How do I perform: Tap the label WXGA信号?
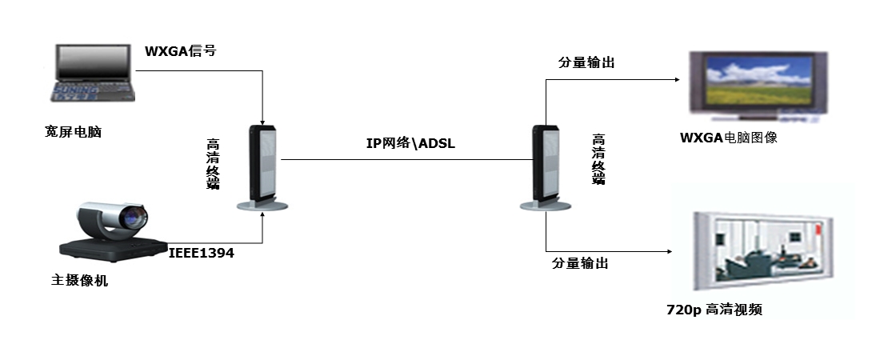(180, 52)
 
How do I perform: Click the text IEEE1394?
(202, 254)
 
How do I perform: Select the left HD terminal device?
(262, 168)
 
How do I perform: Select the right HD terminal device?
(546, 168)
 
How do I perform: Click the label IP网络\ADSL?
(406, 144)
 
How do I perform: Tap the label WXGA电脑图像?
(729, 138)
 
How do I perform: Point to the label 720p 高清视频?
(714, 310)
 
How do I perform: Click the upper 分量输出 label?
(586, 63)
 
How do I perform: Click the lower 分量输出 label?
(580, 262)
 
